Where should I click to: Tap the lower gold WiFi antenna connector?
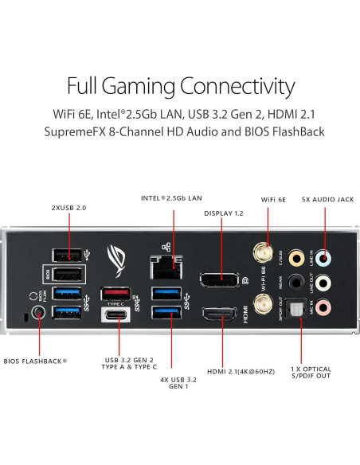pos(260,303)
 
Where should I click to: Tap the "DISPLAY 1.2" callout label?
pos(224,213)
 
